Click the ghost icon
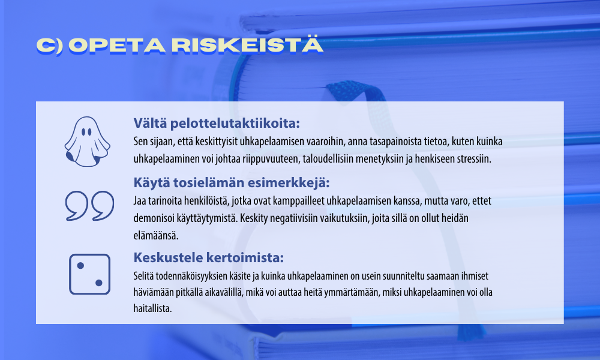click(87, 142)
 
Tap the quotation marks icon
click(89, 205)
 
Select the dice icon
click(89, 274)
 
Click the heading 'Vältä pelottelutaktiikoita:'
click(217, 123)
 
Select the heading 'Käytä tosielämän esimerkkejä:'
click(232, 182)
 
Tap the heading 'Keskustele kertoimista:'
click(209, 257)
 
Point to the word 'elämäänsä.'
click(156, 235)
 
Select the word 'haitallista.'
click(152, 308)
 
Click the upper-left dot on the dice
click(80, 266)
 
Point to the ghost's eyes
click(86, 132)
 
